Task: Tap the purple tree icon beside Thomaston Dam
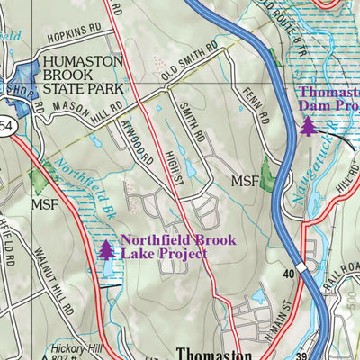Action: pyautogui.click(x=309, y=127)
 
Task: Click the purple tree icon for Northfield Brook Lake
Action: pyautogui.click(x=107, y=249)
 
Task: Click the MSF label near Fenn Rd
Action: pyautogui.click(x=245, y=181)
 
